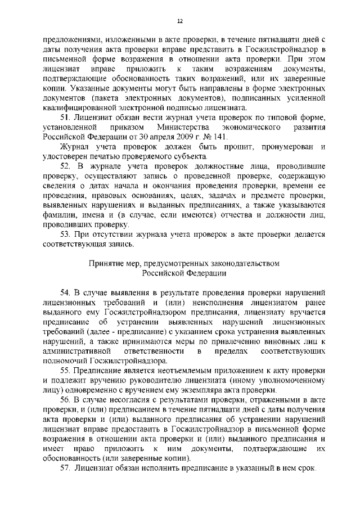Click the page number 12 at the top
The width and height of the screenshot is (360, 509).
pyautogui.click(x=180, y=21)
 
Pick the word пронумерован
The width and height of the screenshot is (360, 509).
pyautogui.click(x=281, y=146)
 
